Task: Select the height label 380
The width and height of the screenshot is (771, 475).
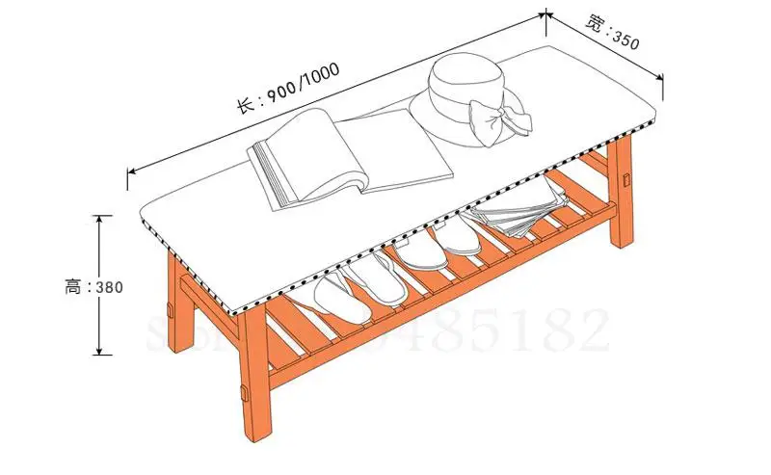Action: (109, 286)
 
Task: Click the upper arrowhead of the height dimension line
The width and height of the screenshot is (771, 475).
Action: (98, 218)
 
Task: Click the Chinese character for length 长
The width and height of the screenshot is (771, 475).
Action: (245, 103)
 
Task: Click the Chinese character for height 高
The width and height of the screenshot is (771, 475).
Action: (72, 286)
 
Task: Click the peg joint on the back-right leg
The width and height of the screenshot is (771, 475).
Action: (627, 179)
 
